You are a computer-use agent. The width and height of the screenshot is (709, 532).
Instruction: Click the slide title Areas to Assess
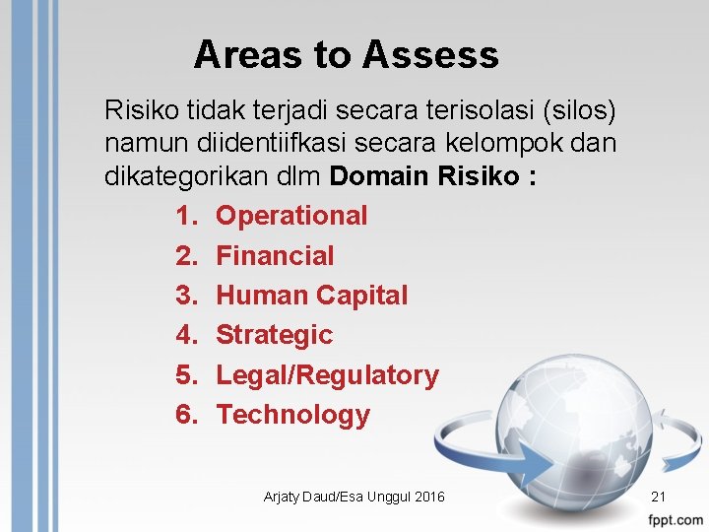point(346,55)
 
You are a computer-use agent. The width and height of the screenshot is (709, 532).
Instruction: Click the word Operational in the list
point(291,216)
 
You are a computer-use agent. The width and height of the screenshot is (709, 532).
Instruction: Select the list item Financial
point(275,256)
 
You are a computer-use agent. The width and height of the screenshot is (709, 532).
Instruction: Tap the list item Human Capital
point(311,296)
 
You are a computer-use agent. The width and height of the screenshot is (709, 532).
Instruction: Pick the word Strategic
point(274,335)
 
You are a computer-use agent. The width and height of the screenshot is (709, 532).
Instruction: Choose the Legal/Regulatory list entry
point(327,375)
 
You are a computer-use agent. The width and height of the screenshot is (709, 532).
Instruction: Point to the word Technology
point(292,415)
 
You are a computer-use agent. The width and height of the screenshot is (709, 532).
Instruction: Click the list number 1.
point(186,216)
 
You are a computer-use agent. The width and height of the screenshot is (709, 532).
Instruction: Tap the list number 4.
point(186,335)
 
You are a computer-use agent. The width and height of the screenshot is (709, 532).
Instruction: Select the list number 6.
point(186,415)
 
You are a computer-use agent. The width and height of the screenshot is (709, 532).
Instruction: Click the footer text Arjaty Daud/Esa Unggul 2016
point(354,498)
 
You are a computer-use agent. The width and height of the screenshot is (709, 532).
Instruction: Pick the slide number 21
point(659,498)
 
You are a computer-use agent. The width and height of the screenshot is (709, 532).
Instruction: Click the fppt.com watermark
point(676,519)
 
